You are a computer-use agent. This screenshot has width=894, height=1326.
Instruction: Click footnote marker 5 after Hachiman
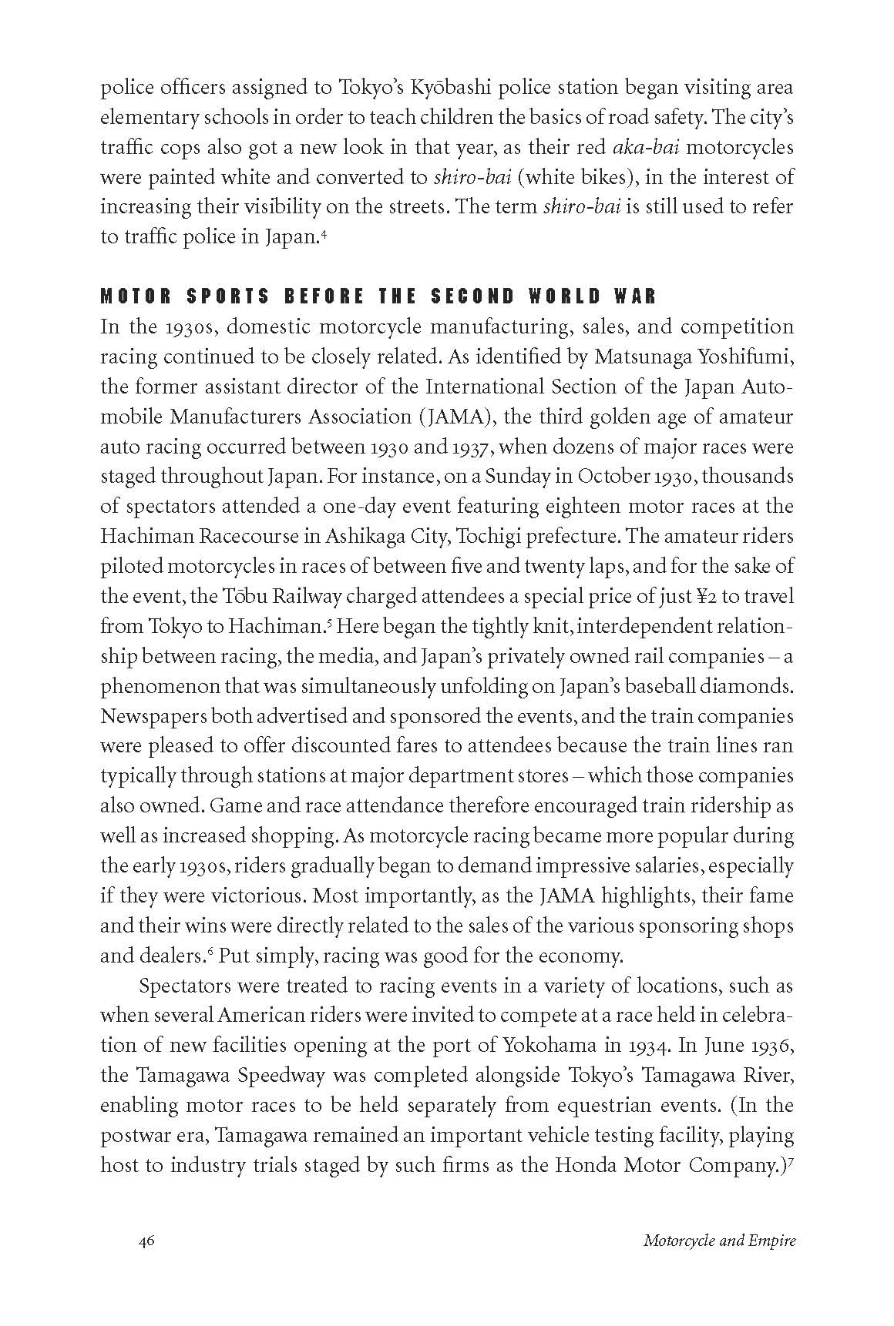(328, 621)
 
